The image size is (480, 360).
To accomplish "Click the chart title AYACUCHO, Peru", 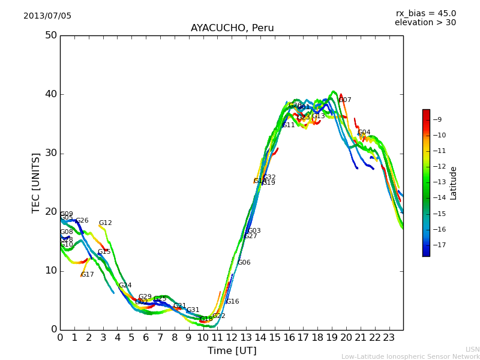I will [x=232, y=28].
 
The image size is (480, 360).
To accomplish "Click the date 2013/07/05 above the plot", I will [x=47, y=16].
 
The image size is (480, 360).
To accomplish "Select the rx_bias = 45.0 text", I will [x=425, y=14].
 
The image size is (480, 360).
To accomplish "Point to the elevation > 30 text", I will [x=425, y=23].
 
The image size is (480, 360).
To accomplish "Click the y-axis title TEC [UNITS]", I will [x=36, y=182].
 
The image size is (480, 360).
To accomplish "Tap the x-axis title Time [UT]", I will [x=232, y=351].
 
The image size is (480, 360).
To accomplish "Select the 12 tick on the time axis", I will [x=232, y=338].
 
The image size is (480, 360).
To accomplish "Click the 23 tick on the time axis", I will [x=389, y=338].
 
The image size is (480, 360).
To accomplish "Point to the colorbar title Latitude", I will [x=454, y=183].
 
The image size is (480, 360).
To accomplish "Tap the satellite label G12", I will [x=105, y=223].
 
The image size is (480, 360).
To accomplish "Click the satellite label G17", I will [x=87, y=275].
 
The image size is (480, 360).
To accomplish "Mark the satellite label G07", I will [x=345, y=100].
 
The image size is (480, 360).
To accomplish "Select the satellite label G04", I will [x=364, y=133].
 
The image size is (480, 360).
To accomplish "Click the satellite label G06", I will [x=244, y=263].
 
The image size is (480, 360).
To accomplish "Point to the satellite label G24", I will [x=125, y=286].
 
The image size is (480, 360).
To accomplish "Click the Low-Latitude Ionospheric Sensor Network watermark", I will [x=410, y=356].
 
